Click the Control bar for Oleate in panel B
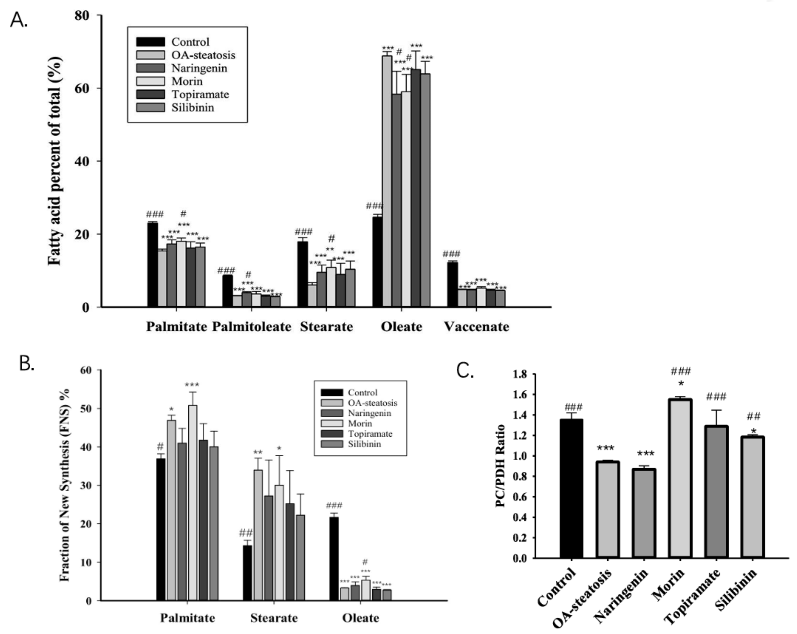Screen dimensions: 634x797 click(x=334, y=559)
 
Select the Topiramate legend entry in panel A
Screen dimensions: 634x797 click(x=200, y=94)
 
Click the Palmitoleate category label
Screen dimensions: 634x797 click(x=251, y=327)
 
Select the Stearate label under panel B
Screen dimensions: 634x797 click(x=273, y=618)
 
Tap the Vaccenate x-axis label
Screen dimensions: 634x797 click(x=476, y=327)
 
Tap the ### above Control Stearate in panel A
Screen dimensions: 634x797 click(x=303, y=232)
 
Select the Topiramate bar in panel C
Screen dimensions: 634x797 click(x=716, y=492)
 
